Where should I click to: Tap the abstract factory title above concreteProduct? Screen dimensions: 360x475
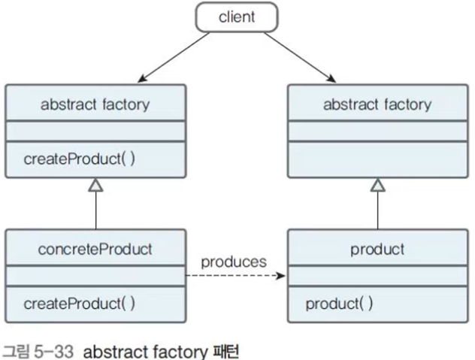[95, 104]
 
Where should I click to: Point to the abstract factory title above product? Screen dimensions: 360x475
[377, 104]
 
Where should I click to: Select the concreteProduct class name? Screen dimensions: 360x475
[95, 249]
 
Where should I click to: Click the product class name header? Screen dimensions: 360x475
[377, 249]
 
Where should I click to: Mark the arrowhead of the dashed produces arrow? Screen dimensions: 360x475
[282, 276]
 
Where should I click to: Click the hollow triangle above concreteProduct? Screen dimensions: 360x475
[95, 185]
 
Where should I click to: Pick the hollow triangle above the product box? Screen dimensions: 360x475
[378, 185]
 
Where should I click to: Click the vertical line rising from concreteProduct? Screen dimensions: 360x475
[95, 210]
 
